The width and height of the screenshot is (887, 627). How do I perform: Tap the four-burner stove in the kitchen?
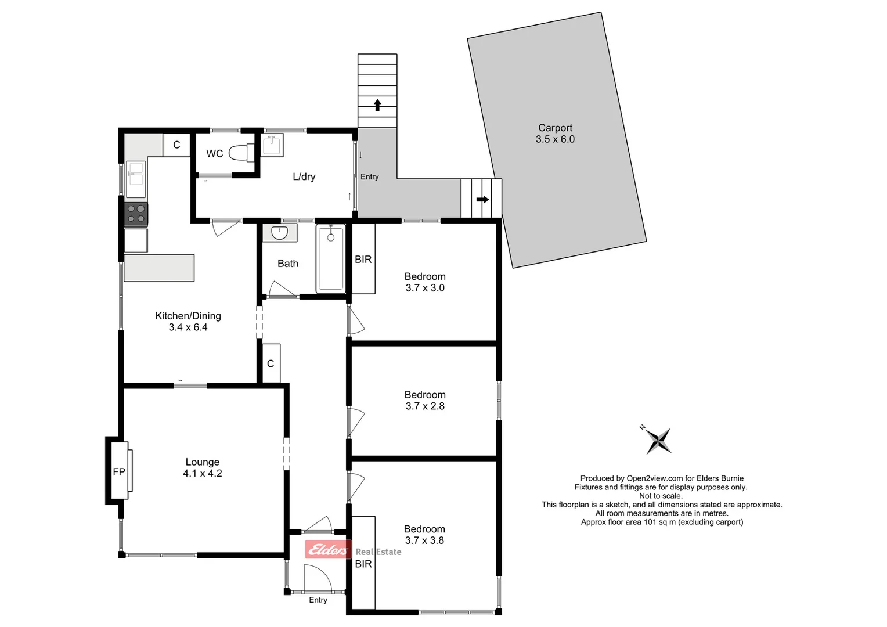coord(136,214)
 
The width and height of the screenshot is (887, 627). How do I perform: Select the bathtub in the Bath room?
coord(330,258)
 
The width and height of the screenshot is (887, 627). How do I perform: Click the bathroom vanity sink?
coord(280,233)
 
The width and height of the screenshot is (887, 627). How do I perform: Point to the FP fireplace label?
coord(119,472)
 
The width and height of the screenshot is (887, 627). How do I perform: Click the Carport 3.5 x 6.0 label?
coord(555,134)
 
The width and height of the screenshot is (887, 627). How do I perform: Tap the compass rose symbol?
coord(659,440)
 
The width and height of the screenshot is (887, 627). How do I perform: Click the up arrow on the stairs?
coord(377,105)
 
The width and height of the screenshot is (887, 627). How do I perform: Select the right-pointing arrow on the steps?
coord(482,199)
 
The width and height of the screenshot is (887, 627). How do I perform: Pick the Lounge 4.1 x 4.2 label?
coord(202,467)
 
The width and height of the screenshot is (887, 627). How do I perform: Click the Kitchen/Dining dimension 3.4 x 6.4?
coord(188,327)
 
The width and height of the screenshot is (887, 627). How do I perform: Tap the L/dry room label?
coord(304,176)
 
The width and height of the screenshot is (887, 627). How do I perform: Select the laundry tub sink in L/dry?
coord(272,145)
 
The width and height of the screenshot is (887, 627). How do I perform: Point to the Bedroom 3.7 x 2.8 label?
coord(425,400)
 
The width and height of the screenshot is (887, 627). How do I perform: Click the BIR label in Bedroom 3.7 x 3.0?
coord(363,260)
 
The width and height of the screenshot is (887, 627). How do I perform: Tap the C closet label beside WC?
coord(176,145)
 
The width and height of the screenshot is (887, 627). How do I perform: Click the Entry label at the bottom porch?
coord(318,600)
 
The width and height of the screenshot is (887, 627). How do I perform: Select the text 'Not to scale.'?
coord(661,496)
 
